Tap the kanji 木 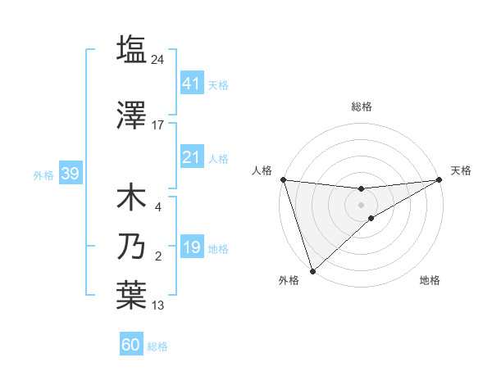131,197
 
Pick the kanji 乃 131,247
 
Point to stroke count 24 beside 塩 159,59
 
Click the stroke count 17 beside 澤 158,125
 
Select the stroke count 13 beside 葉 158,306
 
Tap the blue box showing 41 191,83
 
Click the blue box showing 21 191,157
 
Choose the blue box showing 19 191,247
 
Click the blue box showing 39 70,174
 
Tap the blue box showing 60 130,345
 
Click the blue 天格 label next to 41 218,84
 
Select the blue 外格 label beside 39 43,174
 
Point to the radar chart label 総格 361,106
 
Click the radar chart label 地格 430,280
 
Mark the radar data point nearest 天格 439,179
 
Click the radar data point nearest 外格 312,270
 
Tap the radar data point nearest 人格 283,179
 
